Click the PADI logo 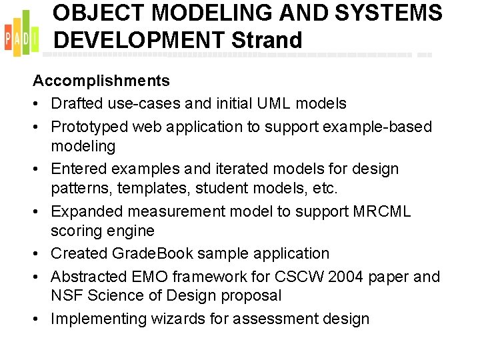(x=22, y=34)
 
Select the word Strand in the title (x=267, y=40)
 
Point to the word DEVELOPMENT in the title (x=139, y=40)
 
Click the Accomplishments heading (x=101, y=81)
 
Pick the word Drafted (x=77, y=104)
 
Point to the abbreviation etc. (x=325, y=189)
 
